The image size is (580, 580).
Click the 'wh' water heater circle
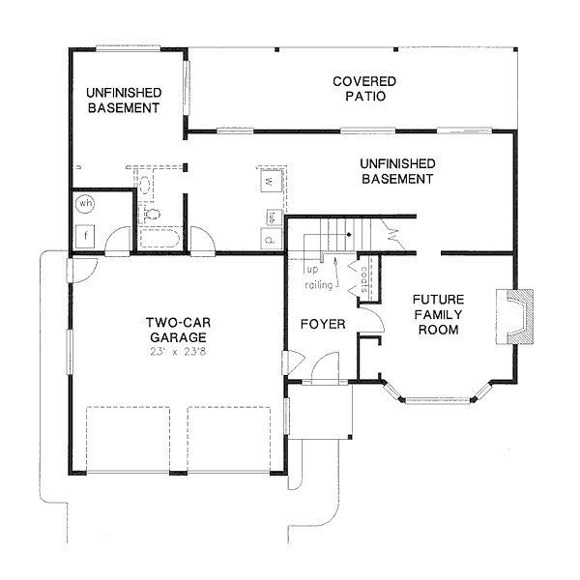tap(86, 204)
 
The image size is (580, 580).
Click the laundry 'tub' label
tap(273, 216)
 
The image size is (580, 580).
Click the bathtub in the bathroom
tap(162, 239)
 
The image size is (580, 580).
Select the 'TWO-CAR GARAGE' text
tap(178, 330)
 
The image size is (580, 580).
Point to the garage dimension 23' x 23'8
tap(178, 352)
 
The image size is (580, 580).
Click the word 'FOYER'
tap(322, 324)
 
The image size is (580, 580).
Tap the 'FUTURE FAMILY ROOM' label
tap(437, 314)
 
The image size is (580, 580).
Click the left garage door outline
tap(129, 440)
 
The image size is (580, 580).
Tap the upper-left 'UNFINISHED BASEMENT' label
tap(123, 101)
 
